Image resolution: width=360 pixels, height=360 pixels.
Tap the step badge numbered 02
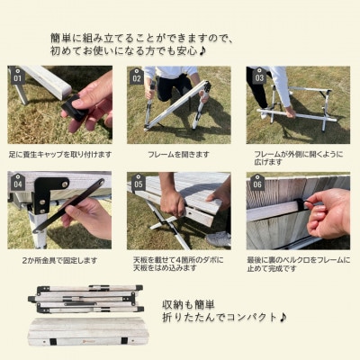tap(137, 77)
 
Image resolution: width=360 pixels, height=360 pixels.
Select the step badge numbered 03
tap(258, 77)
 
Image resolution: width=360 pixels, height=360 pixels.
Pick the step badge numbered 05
tap(138, 184)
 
